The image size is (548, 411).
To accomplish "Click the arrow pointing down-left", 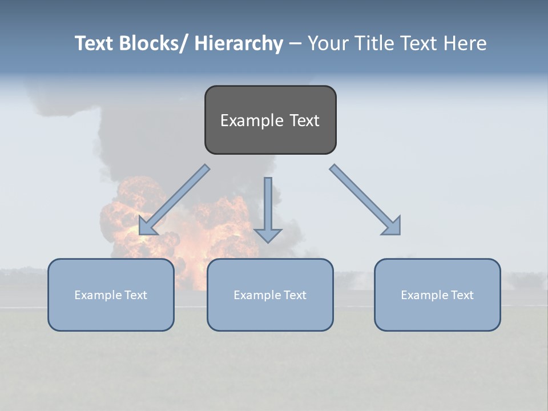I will click(174, 200).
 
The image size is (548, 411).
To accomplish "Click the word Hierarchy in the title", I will click(239, 43).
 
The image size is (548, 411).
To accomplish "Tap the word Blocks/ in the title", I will click(154, 43).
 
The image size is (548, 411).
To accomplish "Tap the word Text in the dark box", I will click(304, 120).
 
